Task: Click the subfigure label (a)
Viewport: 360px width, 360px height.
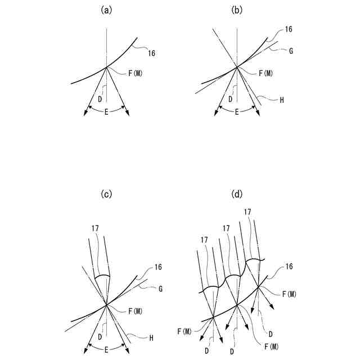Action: point(106,10)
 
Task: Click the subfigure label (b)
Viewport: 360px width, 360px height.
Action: point(237,10)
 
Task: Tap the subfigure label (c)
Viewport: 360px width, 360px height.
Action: point(106,195)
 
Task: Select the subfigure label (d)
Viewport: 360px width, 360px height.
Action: point(237,195)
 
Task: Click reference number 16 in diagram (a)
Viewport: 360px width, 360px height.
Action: point(152,53)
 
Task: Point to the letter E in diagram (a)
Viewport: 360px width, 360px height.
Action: point(106,111)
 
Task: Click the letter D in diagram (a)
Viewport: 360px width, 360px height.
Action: point(100,99)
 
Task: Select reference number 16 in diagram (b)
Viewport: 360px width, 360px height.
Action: point(289,29)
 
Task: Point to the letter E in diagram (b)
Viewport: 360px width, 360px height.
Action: point(237,111)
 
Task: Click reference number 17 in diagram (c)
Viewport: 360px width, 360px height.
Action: point(94,229)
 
